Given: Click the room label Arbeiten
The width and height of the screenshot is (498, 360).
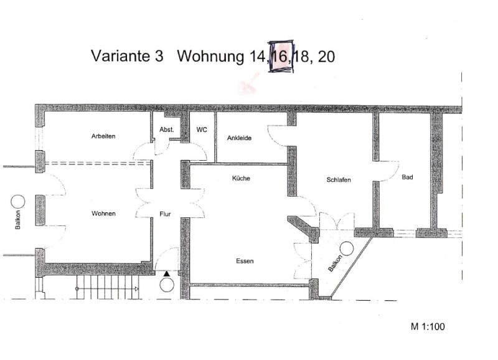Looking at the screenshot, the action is pos(103,136).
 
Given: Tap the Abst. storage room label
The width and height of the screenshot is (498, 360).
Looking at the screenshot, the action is pos(167,130).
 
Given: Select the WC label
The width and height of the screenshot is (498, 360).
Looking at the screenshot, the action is pos(202,130).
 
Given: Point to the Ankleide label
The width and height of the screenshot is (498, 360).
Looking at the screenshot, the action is pos(239,138).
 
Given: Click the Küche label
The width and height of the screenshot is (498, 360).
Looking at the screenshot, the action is pos(241,178).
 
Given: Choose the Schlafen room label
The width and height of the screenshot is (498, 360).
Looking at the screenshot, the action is pos(339,180).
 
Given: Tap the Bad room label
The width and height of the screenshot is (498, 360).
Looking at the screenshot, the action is pos(407,177).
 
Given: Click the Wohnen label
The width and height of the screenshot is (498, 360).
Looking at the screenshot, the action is pos(103,214).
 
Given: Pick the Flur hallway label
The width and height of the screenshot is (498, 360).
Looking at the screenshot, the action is pos(165,214).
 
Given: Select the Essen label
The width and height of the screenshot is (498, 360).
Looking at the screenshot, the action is pos(245,261).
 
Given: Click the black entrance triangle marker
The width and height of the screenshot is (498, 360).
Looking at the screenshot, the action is pos(167,273).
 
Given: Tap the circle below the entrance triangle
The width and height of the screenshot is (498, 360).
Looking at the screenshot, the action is pos(167,285).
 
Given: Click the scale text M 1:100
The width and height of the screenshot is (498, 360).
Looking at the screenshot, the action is pos(428,326).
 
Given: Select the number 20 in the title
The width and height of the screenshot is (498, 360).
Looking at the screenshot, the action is pos(326,57).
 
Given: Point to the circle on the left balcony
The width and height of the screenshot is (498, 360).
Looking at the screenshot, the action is pos(18,202).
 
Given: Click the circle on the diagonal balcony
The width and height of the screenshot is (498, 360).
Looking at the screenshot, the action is pos(347,249).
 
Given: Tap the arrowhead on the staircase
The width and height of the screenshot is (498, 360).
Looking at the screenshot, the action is pos(137,289).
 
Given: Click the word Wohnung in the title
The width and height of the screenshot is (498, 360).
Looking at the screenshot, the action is pos(210,57).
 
